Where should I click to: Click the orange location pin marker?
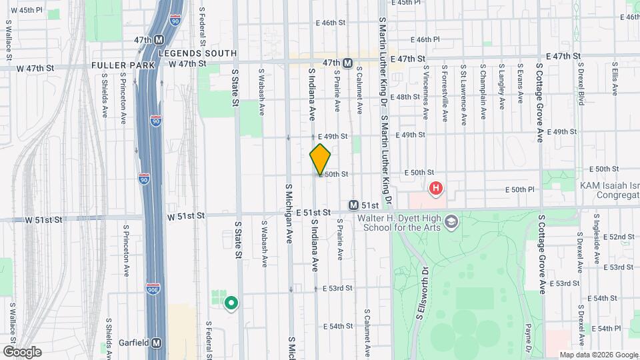tap(320, 159)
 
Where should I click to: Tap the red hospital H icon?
tap(436, 189)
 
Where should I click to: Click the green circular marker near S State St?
tap(231, 303)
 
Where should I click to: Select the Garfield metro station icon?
tap(156, 343)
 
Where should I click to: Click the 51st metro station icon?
tap(353, 205)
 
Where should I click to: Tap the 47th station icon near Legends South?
tap(159, 40)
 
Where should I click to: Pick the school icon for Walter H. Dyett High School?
tap(451, 221)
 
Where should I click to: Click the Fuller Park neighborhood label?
tap(123, 65)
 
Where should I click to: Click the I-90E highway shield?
tap(153, 289)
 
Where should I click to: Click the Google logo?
tap(21, 351)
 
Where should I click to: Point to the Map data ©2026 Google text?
tap(597, 355)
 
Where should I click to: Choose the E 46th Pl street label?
tap(425, 39)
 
